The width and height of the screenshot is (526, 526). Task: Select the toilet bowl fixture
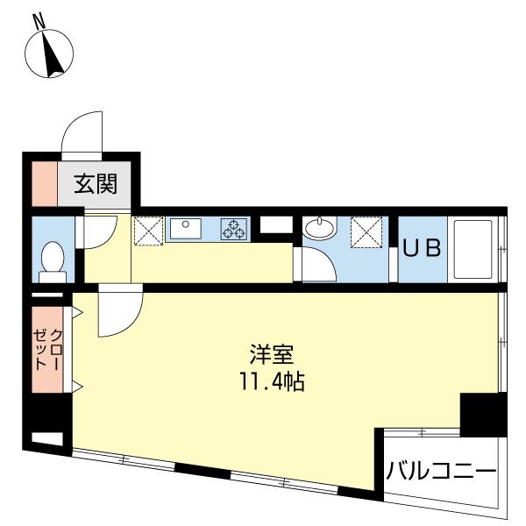point(52,260)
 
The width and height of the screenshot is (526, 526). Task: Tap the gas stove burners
point(234,229)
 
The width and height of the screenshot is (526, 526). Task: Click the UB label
point(421,248)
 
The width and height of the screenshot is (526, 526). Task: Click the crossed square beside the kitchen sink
point(146,231)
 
